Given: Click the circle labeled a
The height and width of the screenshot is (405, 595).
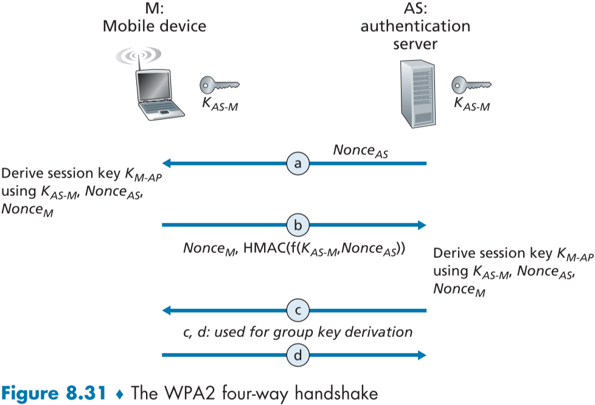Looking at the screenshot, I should (298, 163).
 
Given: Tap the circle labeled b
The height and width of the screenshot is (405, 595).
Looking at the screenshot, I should (298, 225).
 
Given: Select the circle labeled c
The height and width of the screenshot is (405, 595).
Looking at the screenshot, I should (298, 311).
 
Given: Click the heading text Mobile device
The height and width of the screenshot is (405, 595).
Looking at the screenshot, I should (154, 26).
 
